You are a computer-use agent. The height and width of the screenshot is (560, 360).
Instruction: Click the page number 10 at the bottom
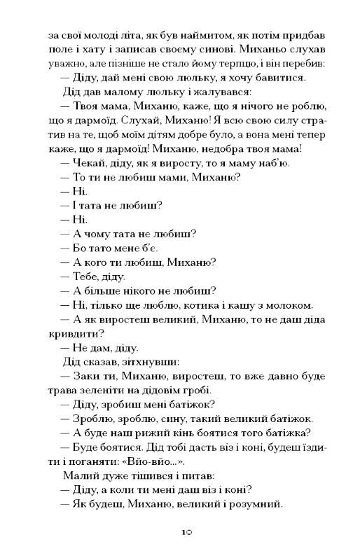click(180, 532)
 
